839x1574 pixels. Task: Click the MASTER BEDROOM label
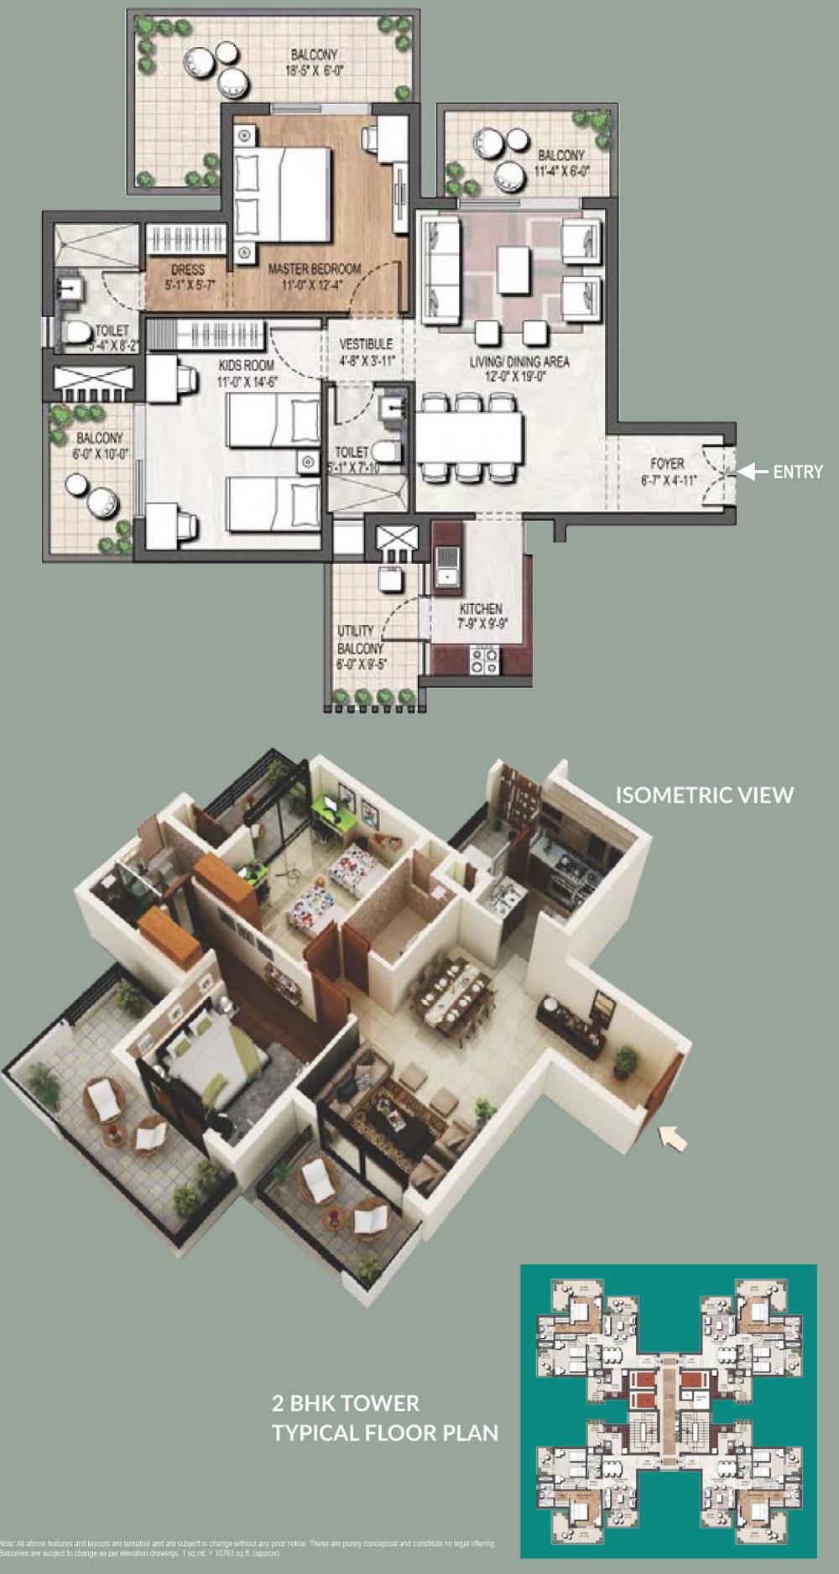pyautogui.click(x=314, y=269)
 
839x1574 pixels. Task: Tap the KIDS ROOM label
pyautogui.click(x=247, y=365)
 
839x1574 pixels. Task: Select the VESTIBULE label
pyautogui.click(x=366, y=344)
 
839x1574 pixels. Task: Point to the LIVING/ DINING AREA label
pyautogui.click(x=519, y=362)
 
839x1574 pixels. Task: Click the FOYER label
pyautogui.click(x=667, y=463)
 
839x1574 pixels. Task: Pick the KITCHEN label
pyautogui.click(x=481, y=608)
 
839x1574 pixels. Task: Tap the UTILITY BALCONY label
pyautogui.click(x=359, y=639)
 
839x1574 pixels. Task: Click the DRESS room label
pyautogui.click(x=187, y=269)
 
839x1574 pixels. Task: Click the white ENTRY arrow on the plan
pyautogui.click(x=753, y=472)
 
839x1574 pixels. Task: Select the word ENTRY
pyautogui.click(x=798, y=472)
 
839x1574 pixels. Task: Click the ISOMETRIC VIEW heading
pyautogui.click(x=705, y=795)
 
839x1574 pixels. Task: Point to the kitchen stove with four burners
pyautogui.click(x=484, y=659)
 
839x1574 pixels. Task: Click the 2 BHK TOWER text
pyautogui.click(x=345, y=1403)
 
